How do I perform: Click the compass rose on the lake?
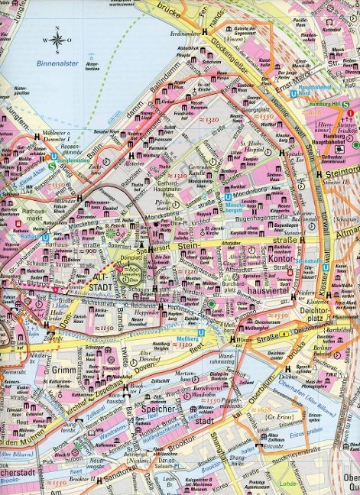pyautogui.click(x=57, y=38)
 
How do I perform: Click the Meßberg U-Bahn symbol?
pyautogui.click(x=200, y=333)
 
